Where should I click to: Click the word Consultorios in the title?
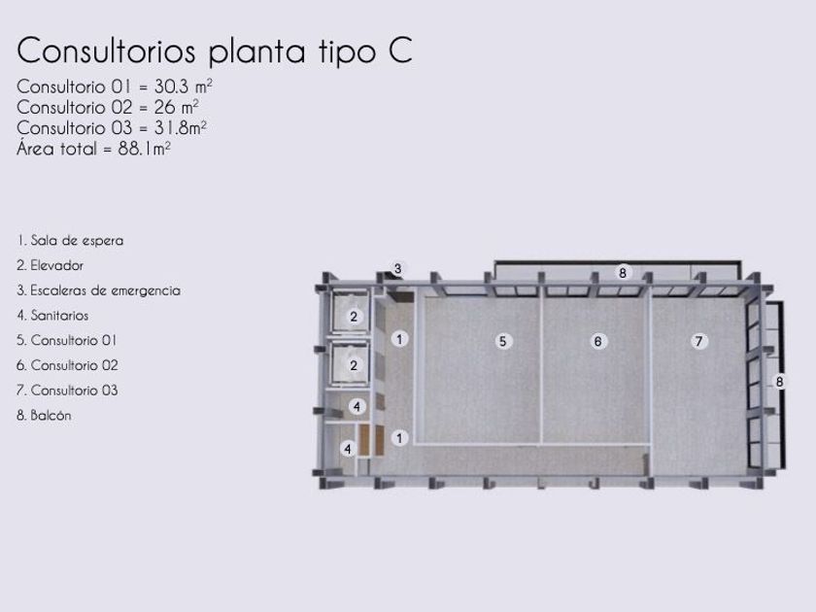pos(106,51)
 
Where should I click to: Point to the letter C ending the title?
pos(400,51)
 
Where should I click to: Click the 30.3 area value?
pos(171,86)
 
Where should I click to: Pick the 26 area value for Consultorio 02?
pos(164,107)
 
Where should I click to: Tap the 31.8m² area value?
pos(180,127)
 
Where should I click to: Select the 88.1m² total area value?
pos(144,149)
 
